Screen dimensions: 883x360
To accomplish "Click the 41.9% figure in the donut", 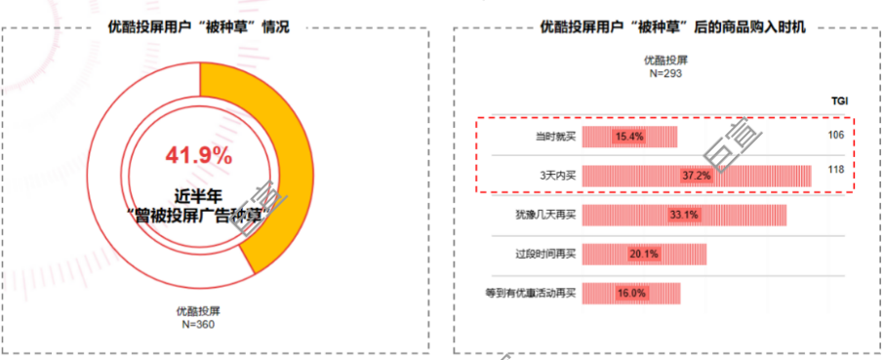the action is (x=199, y=155).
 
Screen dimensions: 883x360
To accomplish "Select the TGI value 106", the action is (x=835, y=135).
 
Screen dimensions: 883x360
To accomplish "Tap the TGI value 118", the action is (x=835, y=170).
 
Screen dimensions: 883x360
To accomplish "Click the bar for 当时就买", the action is (x=629, y=136).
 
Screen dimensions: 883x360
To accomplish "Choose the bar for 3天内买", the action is (x=696, y=176).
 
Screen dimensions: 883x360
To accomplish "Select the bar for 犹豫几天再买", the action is (x=684, y=215).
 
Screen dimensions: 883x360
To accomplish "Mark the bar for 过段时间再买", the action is (x=644, y=254).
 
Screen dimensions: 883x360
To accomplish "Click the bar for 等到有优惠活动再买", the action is (x=631, y=293).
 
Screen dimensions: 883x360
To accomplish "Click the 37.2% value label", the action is (x=696, y=176).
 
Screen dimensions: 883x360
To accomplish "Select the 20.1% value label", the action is (x=644, y=254).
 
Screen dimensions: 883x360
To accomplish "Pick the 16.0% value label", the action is (x=631, y=293).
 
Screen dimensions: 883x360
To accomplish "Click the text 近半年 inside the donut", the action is (x=199, y=193).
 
